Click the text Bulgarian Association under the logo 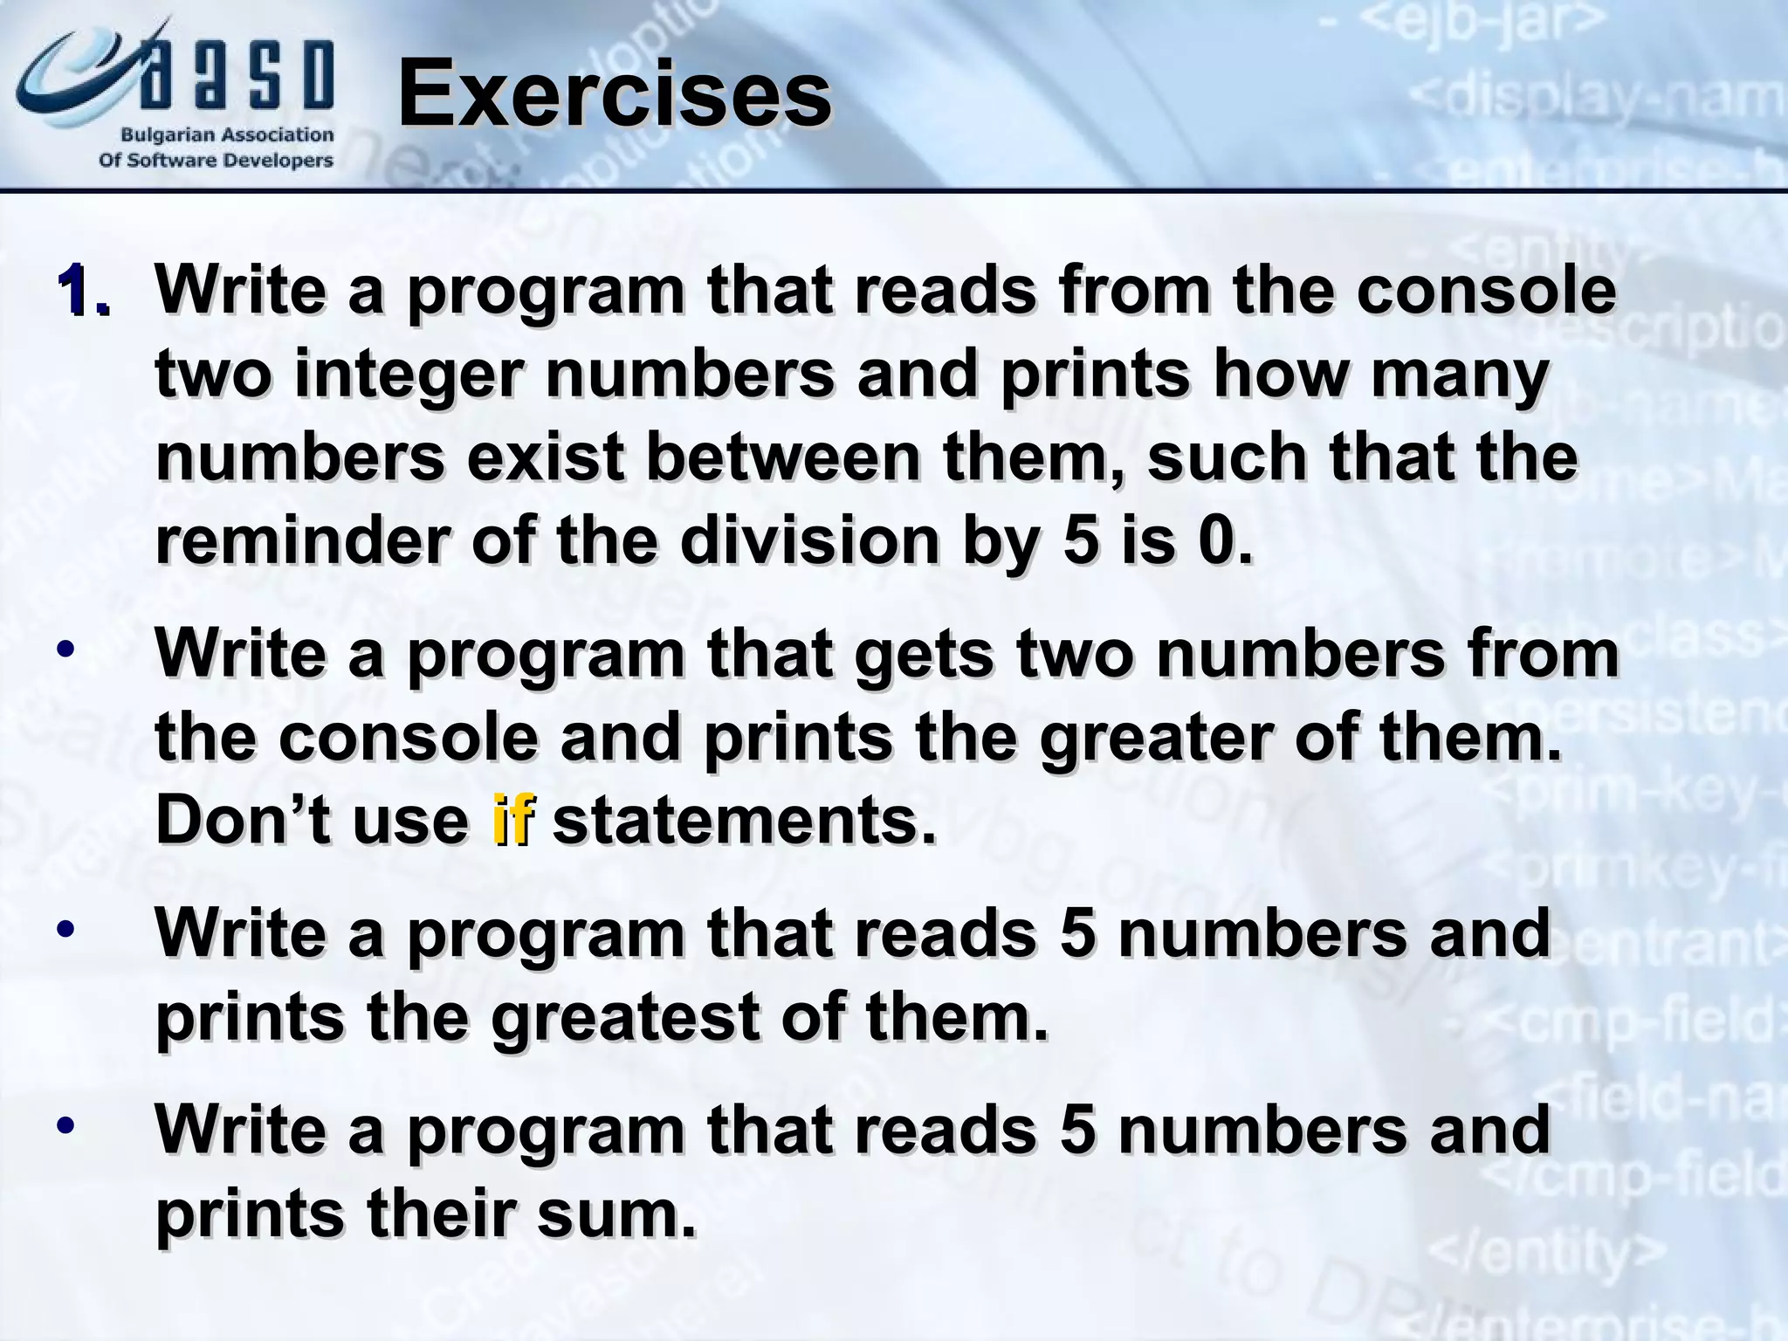pos(226,135)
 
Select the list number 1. pos(84,292)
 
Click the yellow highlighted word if pos(512,821)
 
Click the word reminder pos(302,541)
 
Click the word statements pos(744,821)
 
